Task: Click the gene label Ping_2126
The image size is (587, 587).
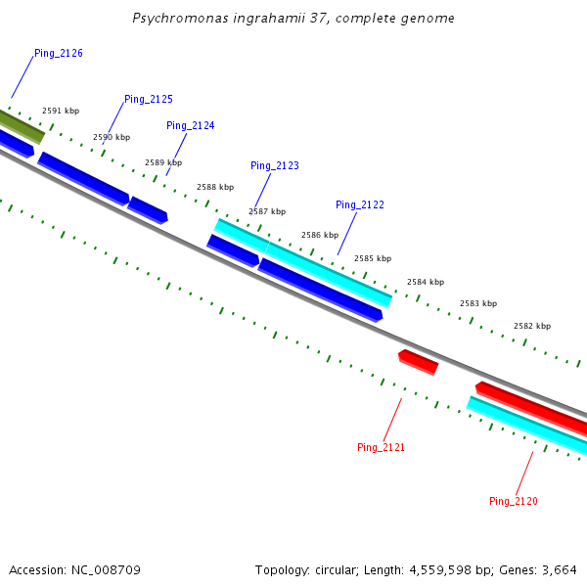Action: (58, 53)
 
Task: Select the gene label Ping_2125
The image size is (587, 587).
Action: (149, 100)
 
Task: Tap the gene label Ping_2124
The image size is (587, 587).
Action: (191, 126)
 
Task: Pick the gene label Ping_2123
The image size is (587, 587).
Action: (275, 166)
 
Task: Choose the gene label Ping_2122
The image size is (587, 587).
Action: (360, 205)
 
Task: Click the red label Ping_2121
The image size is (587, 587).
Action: (381, 448)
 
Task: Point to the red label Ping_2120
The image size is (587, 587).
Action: (514, 502)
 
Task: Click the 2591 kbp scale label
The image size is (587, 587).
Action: (61, 112)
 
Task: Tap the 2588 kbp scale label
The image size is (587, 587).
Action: (215, 187)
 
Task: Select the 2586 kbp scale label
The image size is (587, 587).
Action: (320, 236)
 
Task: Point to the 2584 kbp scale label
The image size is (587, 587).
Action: (426, 282)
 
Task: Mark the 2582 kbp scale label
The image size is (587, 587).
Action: (532, 326)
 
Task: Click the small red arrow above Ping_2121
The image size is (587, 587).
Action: (419, 362)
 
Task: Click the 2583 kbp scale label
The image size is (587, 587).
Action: (478, 304)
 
